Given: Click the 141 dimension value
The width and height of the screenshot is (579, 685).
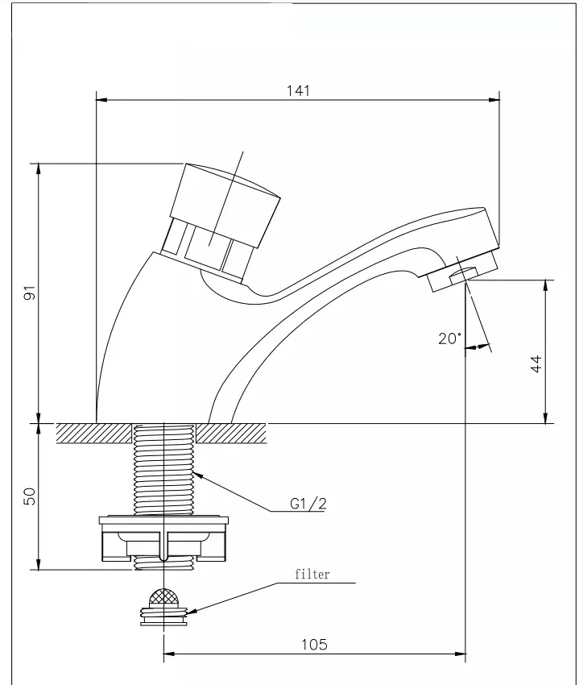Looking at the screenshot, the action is coord(298,90).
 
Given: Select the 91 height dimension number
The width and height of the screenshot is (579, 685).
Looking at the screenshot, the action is coord(29,293).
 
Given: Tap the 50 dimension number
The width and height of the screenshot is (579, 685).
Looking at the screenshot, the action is coord(29,496).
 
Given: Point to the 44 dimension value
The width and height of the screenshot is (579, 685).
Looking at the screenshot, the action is coord(536,363).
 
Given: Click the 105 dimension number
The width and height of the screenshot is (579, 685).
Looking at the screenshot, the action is coord(314,645).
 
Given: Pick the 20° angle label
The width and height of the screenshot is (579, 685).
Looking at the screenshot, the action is coord(449,338).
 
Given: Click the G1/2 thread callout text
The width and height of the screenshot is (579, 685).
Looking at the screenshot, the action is coord(308,504).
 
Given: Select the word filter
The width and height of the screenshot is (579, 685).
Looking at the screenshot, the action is coord(312,574).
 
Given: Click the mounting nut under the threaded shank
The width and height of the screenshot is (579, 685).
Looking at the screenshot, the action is coord(163,538).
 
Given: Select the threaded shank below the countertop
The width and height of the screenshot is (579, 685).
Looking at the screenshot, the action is coord(163,470).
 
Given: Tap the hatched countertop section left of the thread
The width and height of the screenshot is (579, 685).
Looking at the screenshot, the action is coord(94,434).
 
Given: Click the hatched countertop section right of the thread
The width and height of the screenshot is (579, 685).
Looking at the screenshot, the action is coord(231,434).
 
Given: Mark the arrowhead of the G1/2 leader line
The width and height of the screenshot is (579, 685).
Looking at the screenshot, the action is coord(198,475).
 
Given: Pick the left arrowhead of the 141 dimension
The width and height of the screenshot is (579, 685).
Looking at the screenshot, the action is coord(101,100).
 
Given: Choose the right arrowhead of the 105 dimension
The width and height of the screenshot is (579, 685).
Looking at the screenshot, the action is coord(461,654).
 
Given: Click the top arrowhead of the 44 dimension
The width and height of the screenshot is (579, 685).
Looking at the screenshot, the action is coord(545,286).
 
